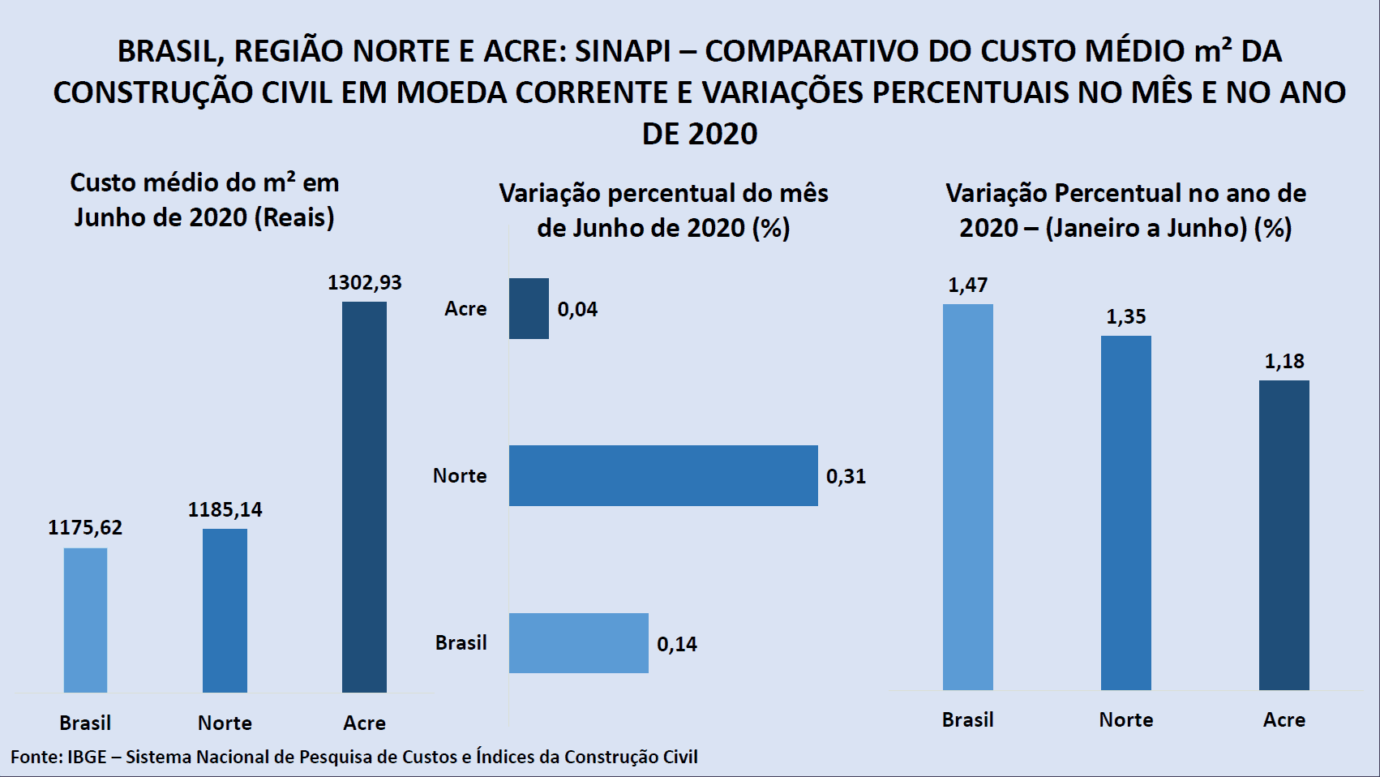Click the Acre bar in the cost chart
tap(364, 496)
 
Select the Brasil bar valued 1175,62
tap(85, 620)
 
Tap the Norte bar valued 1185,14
tap(225, 610)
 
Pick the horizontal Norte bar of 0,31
tap(663, 475)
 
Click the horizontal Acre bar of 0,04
tap(529, 308)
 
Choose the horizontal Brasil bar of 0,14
tap(578, 642)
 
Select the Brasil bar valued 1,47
tap(967, 496)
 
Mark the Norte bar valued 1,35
tap(1125, 513)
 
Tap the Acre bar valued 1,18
tap(1284, 534)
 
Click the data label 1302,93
tap(364, 282)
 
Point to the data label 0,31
tap(846, 476)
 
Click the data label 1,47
tap(967, 285)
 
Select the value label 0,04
tap(577, 309)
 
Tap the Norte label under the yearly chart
tap(1125, 719)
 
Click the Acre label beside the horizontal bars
tap(465, 308)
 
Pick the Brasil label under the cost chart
tap(85, 723)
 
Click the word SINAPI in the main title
tap(623, 51)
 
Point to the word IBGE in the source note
tap(87, 757)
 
